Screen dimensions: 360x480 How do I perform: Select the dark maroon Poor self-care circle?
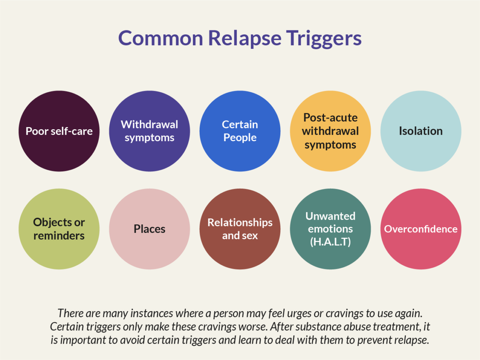pyautogui.click(x=59, y=131)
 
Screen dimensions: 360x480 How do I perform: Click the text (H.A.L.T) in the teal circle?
pyautogui.click(x=330, y=242)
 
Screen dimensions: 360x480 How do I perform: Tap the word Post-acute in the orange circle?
pyautogui.click(x=330, y=118)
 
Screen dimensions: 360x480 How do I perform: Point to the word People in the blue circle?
pyautogui.click(x=240, y=138)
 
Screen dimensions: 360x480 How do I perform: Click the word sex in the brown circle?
pyautogui.click(x=250, y=236)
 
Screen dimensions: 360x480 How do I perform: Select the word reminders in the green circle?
pyautogui.click(x=59, y=236)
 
